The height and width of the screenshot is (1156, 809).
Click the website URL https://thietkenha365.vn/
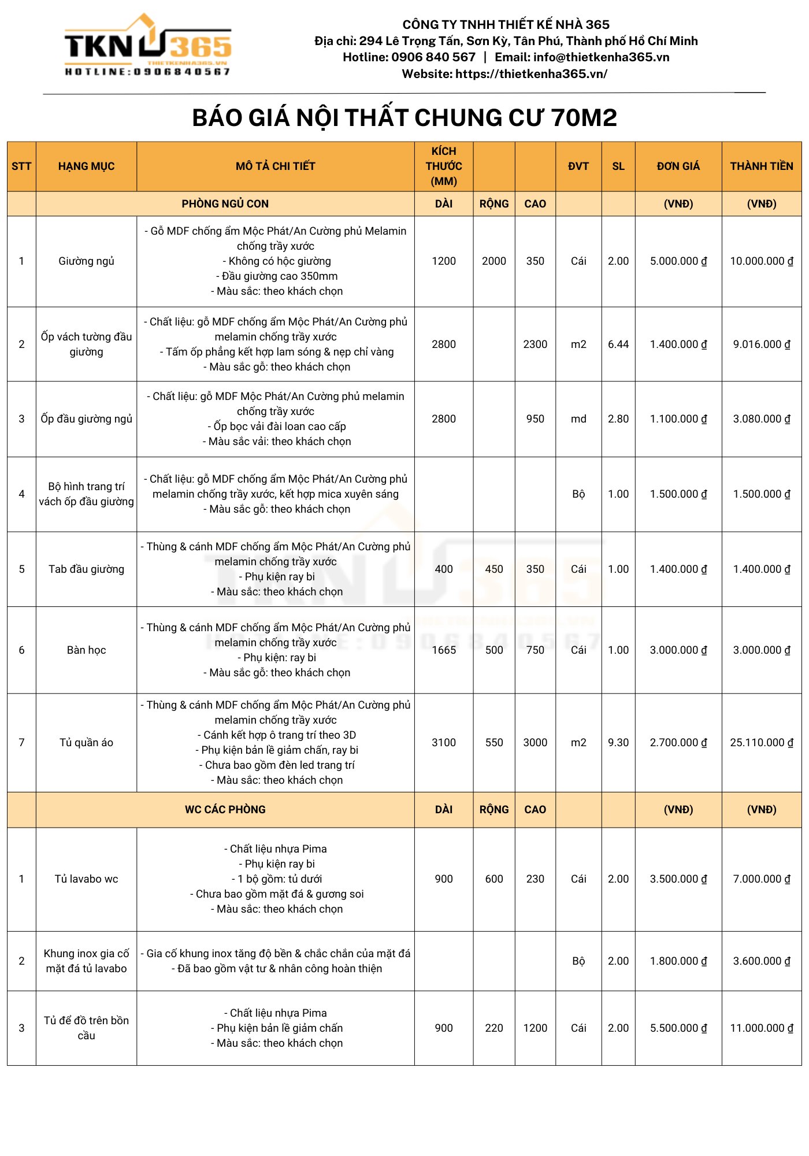point(531,74)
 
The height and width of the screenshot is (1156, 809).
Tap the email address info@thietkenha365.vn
point(601,57)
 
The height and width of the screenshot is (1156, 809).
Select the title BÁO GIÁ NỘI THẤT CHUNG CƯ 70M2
point(404,118)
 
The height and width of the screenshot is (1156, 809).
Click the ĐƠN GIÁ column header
point(678,166)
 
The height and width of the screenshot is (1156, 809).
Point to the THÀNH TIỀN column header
point(761,166)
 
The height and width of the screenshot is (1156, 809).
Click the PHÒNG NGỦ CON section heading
point(225,204)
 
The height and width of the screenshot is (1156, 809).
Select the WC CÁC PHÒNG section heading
point(225,810)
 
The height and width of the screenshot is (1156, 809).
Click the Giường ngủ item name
point(86,261)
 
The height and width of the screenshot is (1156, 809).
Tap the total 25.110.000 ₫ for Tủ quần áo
point(761,743)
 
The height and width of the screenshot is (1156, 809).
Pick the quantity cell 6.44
point(618,344)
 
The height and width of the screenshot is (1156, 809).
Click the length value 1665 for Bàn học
point(443,650)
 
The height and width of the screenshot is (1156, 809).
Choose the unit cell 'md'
point(578,419)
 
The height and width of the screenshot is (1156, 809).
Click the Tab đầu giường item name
point(86,569)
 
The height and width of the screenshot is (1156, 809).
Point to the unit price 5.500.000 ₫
point(678,1028)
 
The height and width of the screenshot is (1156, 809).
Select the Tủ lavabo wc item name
point(86,879)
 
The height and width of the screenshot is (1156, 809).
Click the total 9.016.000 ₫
point(761,344)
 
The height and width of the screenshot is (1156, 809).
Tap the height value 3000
point(535,743)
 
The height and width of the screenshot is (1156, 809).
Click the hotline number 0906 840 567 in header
point(433,57)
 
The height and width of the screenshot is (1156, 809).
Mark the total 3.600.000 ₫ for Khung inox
point(761,961)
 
